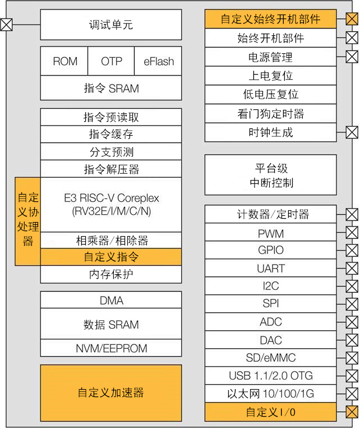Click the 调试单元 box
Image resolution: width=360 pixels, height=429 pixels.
pyautogui.click(x=111, y=25)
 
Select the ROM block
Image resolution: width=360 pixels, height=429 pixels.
pyautogui.click(x=64, y=61)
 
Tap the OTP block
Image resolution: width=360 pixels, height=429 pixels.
pyautogui.click(x=111, y=61)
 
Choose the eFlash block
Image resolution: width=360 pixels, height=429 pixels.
pyautogui.click(x=158, y=61)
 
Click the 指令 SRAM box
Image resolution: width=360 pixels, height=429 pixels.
pyautogui.click(x=111, y=88)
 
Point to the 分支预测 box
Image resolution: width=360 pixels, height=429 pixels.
pyautogui.click(x=111, y=152)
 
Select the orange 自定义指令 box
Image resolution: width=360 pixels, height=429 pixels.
pyautogui.click(x=111, y=257)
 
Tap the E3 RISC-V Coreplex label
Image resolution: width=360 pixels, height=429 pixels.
pyautogui.click(x=111, y=205)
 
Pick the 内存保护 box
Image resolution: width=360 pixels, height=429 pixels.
pyautogui.click(x=111, y=274)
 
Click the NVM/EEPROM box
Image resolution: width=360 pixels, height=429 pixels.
pyautogui.click(x=111, y=348)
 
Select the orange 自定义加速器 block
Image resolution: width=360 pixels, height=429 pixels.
pyautogui.click(x=111, y=393)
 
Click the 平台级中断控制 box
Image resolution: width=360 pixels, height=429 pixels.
pyautogui.click(x=270, y=175)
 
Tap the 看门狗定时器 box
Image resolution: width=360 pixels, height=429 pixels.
pyautogui.click(x=270, y=114)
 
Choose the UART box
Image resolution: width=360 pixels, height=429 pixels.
pyautogui.click(x=270, y=268)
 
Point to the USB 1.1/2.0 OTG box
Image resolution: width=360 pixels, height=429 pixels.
pyautogui.click(x=270, y=376)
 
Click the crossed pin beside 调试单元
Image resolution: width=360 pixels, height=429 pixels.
pyautogui.click(x=6, y=25)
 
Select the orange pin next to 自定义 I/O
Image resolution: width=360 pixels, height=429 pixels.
pyautogui.click(x=352, y=412)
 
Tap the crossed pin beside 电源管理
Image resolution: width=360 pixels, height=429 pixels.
pyautogui.click(x=352, y=57)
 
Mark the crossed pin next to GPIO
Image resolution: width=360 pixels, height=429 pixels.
pyautogui.click(x=352, y=250)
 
